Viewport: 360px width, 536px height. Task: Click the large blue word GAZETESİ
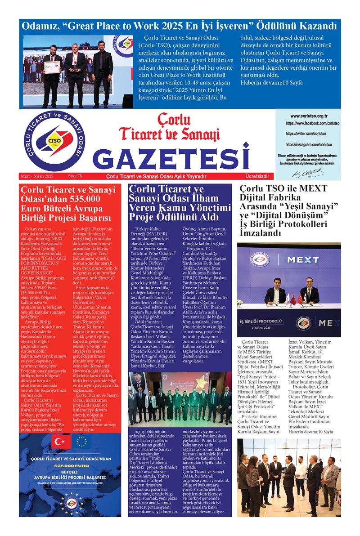[x=173, y=157]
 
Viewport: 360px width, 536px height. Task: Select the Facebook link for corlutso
[x=312, y=123]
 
